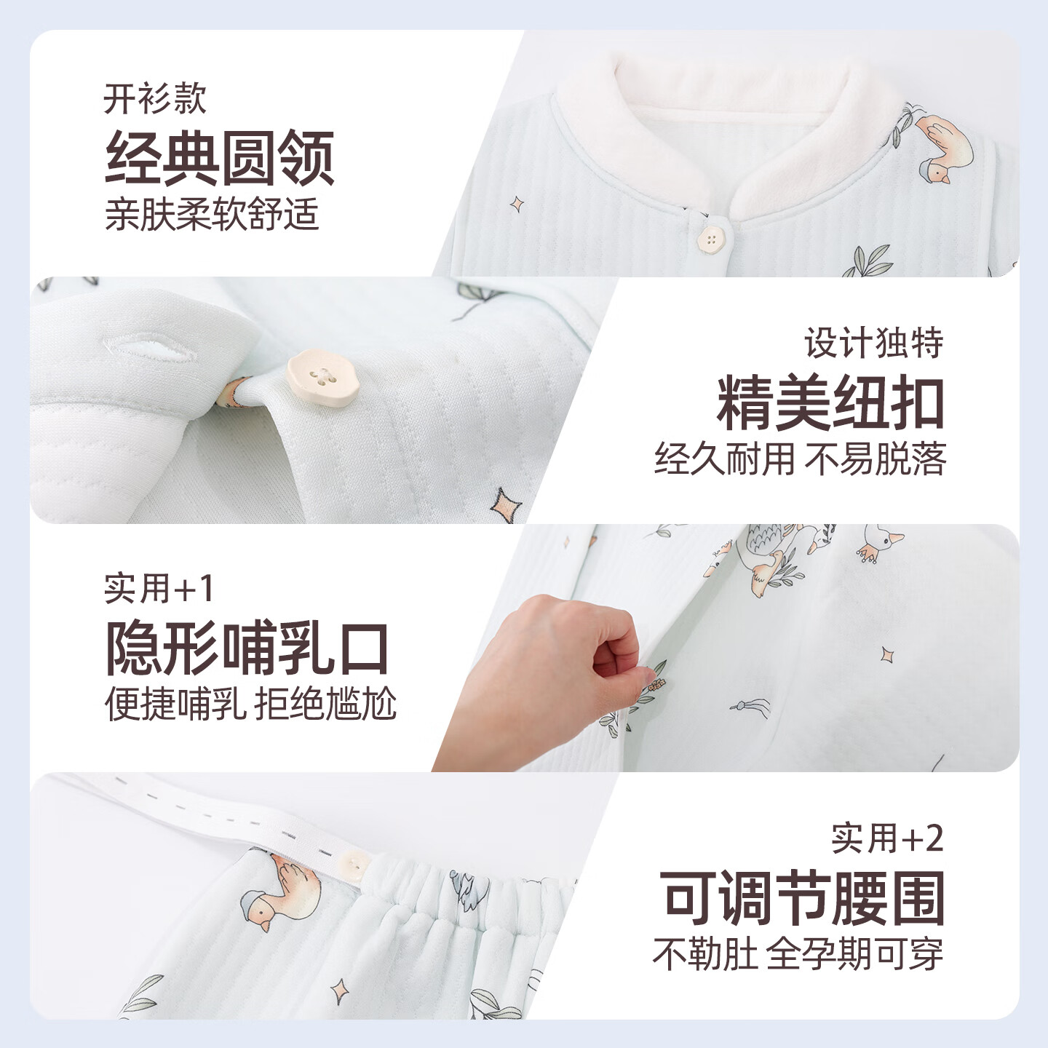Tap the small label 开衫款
(155, 99)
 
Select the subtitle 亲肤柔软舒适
(212, 214)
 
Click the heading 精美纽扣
(830, 402)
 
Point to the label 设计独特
(874, 342)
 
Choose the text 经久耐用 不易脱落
(800, 458)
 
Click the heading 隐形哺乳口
(247, 647)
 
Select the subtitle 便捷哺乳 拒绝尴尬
(250, 704)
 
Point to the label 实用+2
(887, 838)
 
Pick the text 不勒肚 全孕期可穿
(798, 954)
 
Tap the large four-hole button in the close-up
(323, 378)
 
